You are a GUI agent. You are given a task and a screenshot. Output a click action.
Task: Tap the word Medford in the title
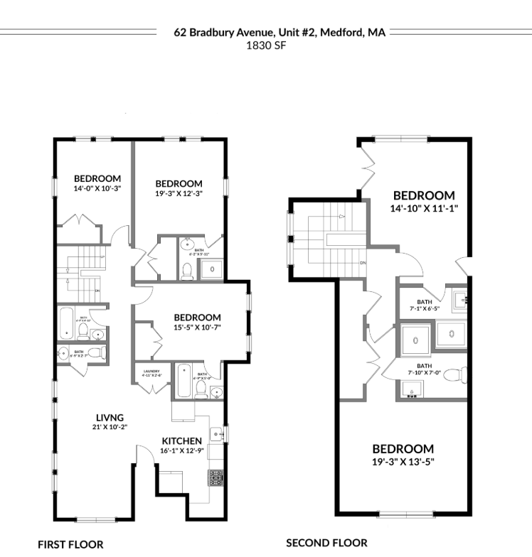pos(341,32)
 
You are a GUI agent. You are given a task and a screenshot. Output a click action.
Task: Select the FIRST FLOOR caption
pos(70,544)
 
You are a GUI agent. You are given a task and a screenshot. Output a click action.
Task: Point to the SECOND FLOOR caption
pos(326,543)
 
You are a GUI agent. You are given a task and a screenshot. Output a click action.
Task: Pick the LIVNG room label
pos(110,417)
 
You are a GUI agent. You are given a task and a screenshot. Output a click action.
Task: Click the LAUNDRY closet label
pos(152,370)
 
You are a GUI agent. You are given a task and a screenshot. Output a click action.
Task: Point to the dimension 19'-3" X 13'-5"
pos(403,461)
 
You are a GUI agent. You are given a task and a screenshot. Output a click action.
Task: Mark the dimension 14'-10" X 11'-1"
pos(423,208)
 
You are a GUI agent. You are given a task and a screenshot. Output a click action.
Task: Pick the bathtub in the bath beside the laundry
pos(182,379)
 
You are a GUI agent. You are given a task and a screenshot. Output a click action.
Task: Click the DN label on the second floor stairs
pos(363,263)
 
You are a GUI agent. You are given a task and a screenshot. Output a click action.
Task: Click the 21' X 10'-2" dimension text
pos(110,427)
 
